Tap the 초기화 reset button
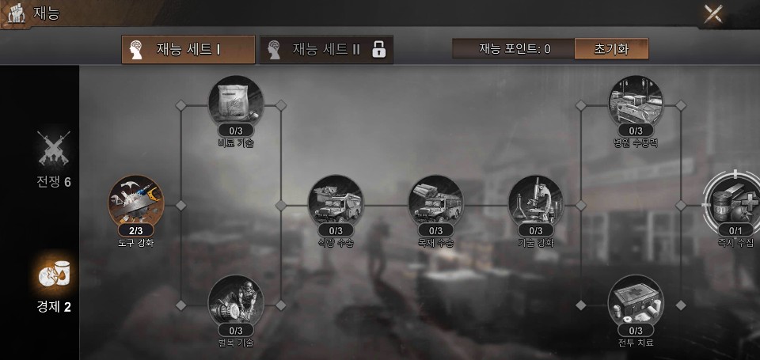coord(611,49)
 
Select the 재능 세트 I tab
coord(188,49)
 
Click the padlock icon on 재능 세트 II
coord(378,49)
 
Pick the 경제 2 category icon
coord(54,275)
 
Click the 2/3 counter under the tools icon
coord(135,230)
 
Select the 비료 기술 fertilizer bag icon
coord(235,101)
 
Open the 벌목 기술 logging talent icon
coord(235,301)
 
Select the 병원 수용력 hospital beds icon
coord(636,101)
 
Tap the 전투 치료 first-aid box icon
coord(636,301)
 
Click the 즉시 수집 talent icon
coord(733,199)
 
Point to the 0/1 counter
coord(735,230)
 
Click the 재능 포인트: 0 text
coord(515,49)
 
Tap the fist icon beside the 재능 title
coord(16,14)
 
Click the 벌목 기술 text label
coord(235,343)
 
